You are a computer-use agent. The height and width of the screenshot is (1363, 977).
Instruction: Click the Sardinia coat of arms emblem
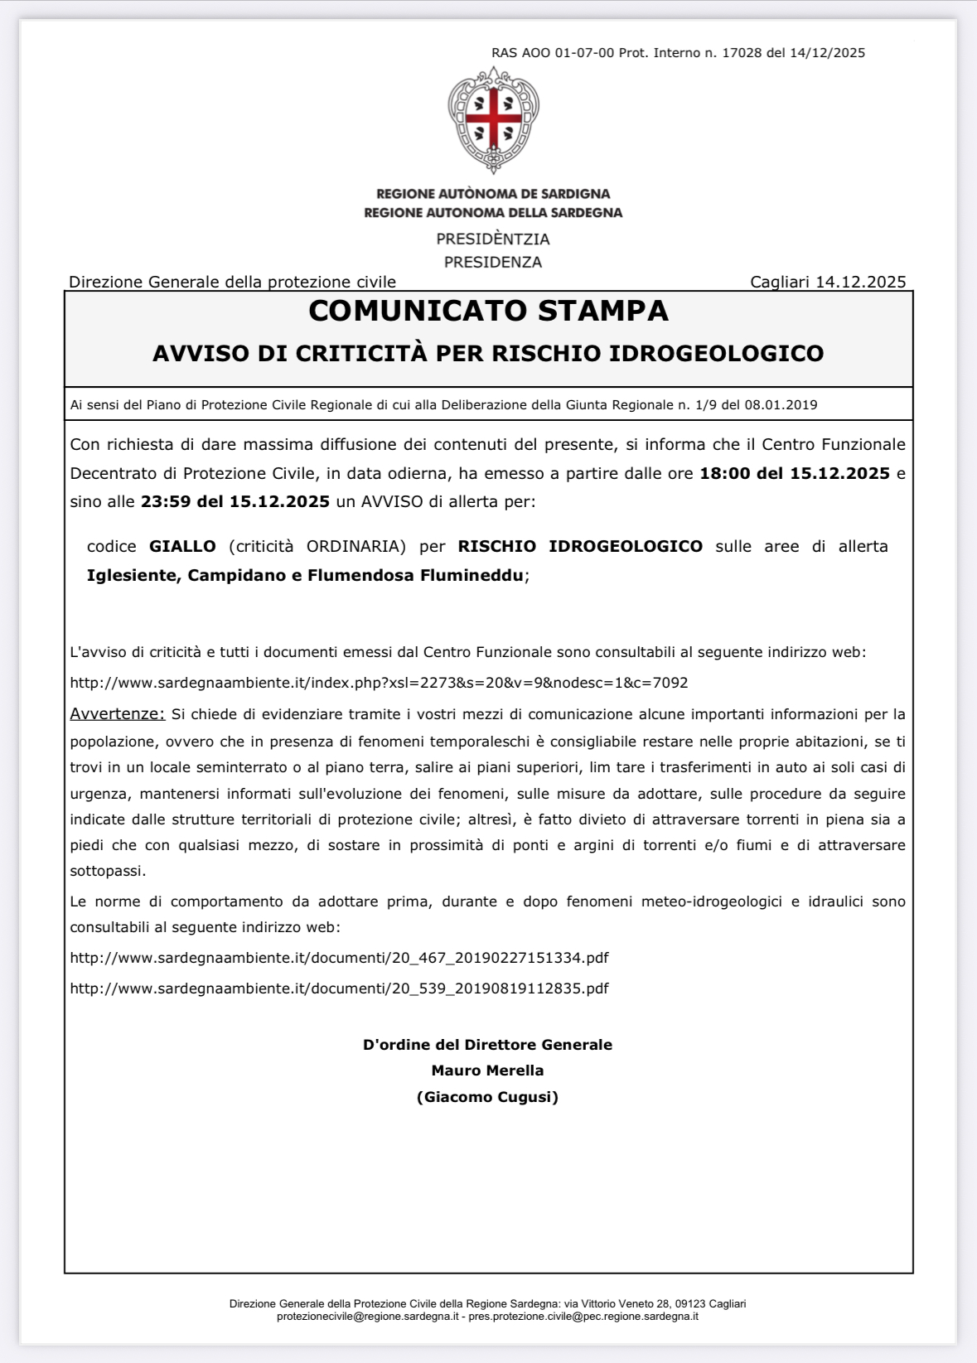tap(493, 119)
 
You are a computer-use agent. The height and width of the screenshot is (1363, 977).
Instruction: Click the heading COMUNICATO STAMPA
tap(488, 311)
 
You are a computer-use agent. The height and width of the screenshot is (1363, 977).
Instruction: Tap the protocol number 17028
tap(742, 53)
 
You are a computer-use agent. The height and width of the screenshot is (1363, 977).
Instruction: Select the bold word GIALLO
tap(182, 547)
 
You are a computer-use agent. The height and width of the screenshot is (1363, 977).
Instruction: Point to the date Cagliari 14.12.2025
tap(828, 282)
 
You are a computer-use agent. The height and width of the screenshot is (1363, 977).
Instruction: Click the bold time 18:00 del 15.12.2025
tap(795, 474)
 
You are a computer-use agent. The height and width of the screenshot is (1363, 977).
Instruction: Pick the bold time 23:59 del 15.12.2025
tap(235, 502)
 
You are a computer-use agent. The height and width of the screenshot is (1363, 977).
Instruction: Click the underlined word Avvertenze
tap(117, 714)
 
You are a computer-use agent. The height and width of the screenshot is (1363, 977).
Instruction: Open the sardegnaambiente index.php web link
tap(379, 684)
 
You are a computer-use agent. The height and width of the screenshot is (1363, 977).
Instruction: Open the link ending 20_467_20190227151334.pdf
tap(339, 959)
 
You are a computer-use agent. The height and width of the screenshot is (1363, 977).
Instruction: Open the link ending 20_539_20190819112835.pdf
tap(339, 989)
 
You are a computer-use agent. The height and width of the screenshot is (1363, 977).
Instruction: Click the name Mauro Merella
tap(487, 1071)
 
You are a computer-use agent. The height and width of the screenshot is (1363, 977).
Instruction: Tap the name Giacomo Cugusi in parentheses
tap(487, 1098)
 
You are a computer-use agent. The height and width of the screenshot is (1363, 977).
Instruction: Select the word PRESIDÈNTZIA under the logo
tap(493, 239)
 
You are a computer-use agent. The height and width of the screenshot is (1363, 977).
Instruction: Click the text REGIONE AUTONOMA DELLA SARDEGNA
tap(493, 213)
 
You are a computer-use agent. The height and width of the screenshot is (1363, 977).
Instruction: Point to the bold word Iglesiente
tap(133, 576)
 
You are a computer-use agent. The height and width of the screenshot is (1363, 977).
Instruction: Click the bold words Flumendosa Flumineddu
tap(415, 576)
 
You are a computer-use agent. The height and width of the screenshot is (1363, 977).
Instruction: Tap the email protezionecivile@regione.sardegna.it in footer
tap(368, 1317)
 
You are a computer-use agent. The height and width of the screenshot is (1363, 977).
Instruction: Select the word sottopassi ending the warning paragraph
tap(107, 872)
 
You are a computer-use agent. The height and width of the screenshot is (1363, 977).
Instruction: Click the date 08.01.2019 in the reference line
tap(781, 405)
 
